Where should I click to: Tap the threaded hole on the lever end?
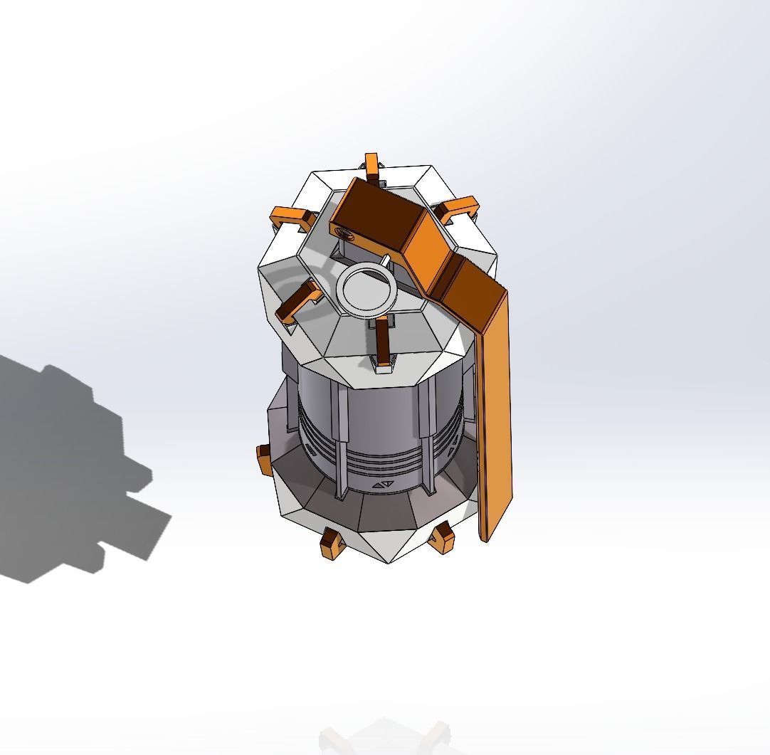343,232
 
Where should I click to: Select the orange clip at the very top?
371,164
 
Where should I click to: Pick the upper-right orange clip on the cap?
458,209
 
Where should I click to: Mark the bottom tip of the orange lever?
486,537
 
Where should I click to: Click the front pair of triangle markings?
383,486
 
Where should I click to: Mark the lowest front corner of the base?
389,562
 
